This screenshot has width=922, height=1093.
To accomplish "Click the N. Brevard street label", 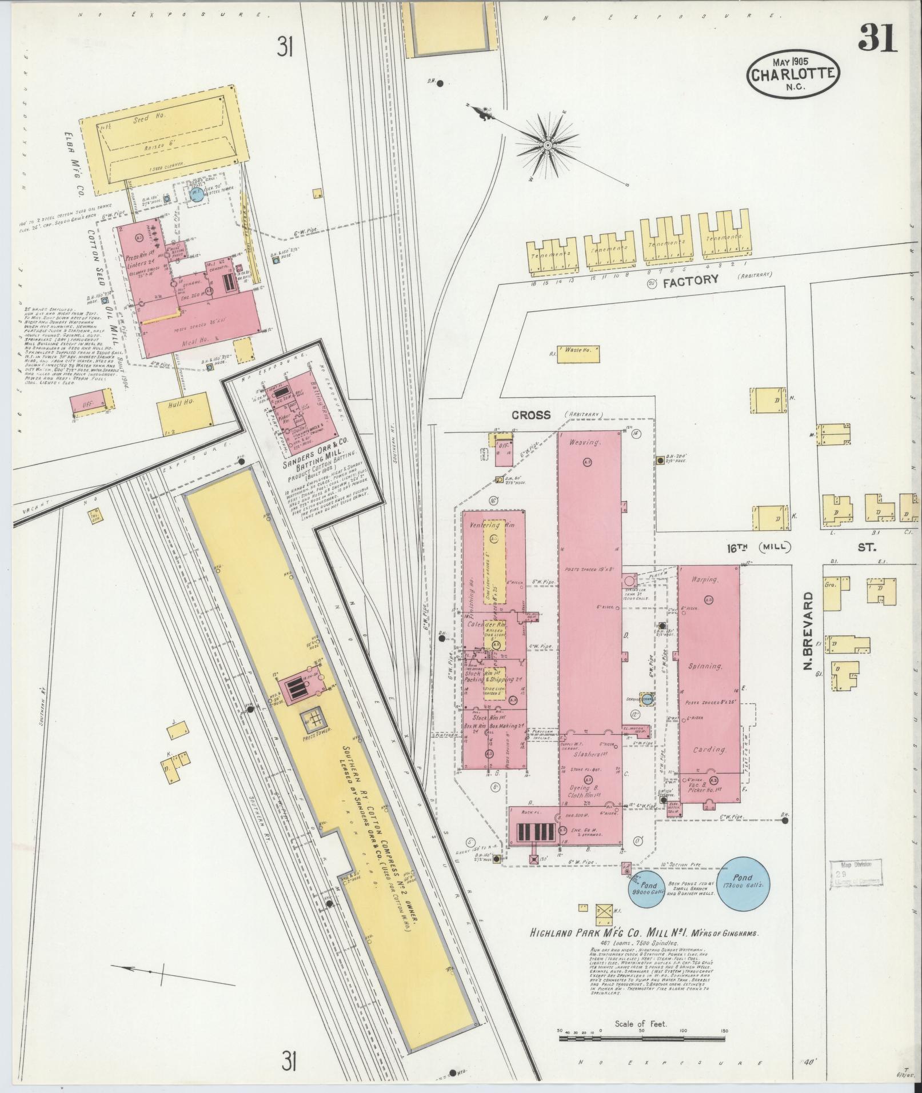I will (808, 631).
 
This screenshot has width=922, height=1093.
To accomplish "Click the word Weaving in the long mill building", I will (584, 443).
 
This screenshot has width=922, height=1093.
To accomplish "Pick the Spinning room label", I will (705, 667).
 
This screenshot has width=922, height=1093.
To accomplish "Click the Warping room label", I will (704, 580).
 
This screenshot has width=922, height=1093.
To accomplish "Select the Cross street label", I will (531, 415).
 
